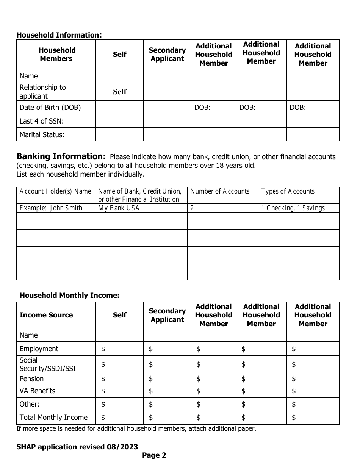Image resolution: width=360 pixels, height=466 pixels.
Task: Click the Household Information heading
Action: [x=59, y=35]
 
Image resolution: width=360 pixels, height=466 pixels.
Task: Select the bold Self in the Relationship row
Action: [x=120, y=92]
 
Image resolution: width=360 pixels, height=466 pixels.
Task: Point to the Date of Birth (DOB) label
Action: [x=50, y=107]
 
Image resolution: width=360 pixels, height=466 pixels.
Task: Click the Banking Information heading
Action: [x=61, y=156]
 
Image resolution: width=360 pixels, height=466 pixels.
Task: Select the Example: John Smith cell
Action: [x=51, y=208]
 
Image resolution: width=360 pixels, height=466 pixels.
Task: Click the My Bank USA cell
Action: [x=119, y=208]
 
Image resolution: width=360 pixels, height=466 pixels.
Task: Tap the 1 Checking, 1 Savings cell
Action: [x=293, y=208]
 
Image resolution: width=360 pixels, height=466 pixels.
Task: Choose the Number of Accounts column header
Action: [x=220, y=191]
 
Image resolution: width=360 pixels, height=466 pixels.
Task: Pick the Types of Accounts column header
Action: [x=288, y=191]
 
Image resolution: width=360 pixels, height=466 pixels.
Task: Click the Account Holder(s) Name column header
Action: [x=55, y=191]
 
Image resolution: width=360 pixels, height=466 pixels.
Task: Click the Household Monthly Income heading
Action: [x=69, y=295]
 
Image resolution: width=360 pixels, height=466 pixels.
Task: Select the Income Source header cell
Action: [x=46, y=315]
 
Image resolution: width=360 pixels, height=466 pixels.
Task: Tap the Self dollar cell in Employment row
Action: [x=119, y=349]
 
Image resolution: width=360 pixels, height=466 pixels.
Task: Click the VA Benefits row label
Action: [x=37, y=391]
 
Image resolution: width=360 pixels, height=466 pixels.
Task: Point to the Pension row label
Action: [x=31, y=379]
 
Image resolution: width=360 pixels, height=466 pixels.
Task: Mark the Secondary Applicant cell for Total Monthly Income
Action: [x=167, y=418]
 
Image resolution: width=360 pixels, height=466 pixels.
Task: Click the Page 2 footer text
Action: [x=154, y=455]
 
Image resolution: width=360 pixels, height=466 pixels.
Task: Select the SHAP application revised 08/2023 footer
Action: [x=77, y=447]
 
